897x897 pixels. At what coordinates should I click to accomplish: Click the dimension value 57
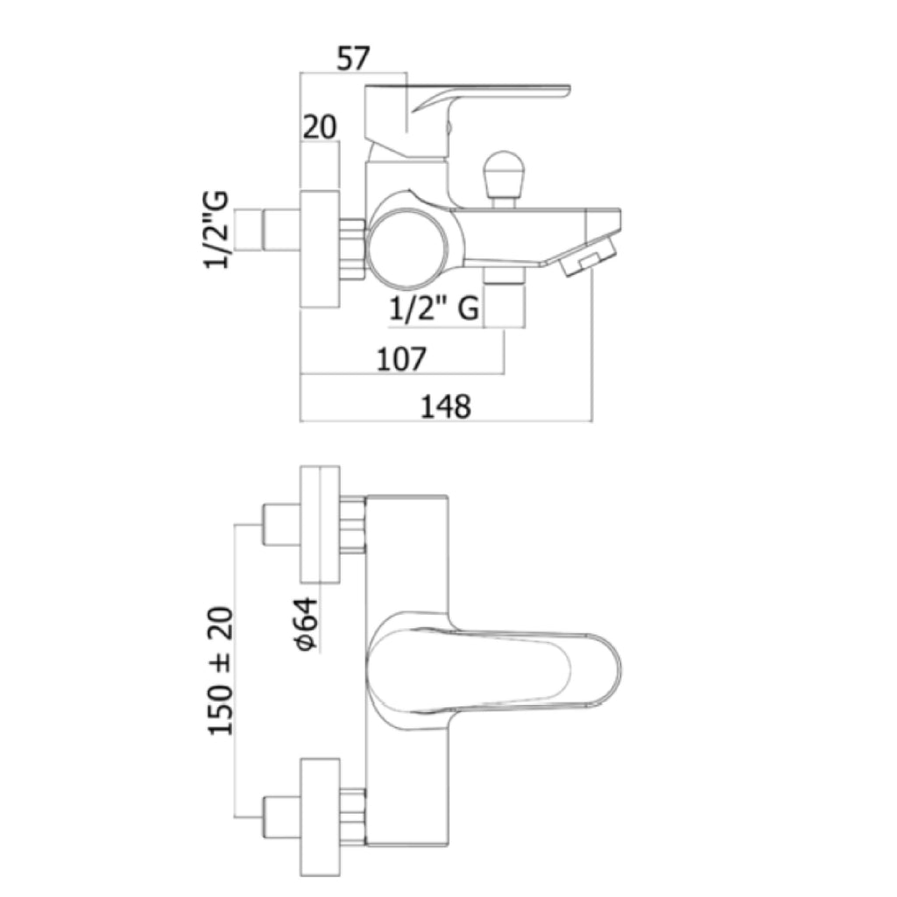(354, 59)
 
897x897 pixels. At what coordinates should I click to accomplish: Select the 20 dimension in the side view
(320, 127)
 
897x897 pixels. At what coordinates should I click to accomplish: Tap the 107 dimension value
(401, 358)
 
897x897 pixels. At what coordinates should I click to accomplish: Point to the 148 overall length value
(446, 406)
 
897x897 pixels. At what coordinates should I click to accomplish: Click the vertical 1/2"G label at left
(216, 230)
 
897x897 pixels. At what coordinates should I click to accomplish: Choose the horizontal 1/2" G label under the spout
(434, 309)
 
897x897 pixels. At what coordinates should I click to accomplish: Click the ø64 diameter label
(305, 624)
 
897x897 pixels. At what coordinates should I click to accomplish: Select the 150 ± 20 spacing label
(221, 670)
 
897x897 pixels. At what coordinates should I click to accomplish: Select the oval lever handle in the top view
(493, 670)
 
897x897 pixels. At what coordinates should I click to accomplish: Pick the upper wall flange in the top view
(321, 525)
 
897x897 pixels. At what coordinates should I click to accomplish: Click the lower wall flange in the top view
(321, 817)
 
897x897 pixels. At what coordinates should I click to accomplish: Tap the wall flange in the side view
(320, 250)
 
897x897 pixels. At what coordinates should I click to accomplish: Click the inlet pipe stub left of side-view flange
(281, 230)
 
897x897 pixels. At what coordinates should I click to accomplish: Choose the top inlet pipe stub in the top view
(281, 525)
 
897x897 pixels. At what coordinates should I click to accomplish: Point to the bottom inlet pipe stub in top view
(281, 817)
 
